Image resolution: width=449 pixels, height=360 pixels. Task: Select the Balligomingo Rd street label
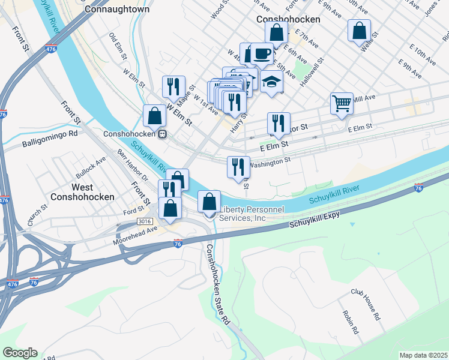[x=50, y=139]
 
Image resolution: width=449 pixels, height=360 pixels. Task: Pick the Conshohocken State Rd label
[x=218, y=284]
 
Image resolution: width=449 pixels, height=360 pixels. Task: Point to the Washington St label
[x=270, y=161]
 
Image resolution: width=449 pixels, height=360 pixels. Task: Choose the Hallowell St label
[x=312, y=73]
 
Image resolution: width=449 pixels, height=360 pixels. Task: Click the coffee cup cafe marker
[x=262, y=53]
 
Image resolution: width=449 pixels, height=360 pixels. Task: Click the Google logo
[x=20, y=353]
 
